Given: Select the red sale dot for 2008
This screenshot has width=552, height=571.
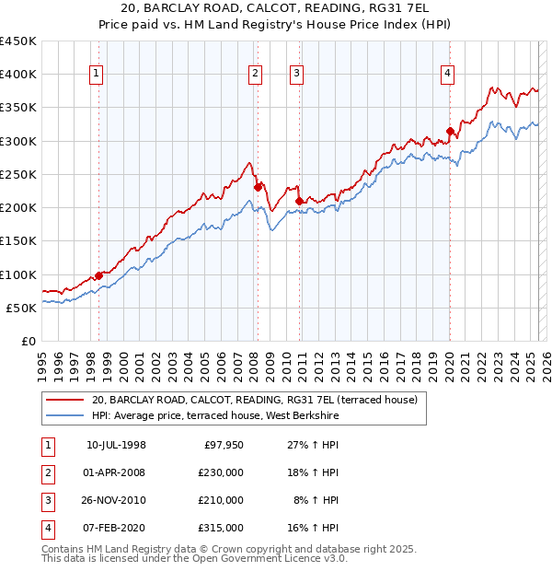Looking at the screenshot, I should click(x=258, y=187).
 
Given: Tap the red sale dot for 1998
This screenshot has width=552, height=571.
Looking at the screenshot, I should click(x=99, y=275).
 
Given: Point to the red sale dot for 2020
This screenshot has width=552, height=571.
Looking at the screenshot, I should click(x=450, y=131).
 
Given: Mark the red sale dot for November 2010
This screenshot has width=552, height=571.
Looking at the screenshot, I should click(x=299, y=201).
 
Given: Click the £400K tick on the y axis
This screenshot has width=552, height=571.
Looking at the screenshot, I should click(x=18, y=74).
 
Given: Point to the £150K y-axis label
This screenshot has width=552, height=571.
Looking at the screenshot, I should click(x=18, y=240).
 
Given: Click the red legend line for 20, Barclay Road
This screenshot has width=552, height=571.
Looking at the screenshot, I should click(x=65, y=400).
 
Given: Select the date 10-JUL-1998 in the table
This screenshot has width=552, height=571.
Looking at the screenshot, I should click(x=116, y=445).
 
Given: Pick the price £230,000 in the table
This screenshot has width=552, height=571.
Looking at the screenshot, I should click(x=222, y=472).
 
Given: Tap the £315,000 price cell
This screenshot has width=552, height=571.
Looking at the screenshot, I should click(x=222, y=528).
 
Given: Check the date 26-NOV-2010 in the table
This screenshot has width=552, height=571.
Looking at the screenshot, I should click(x=116, y=500).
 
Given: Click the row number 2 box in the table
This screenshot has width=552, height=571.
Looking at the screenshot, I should click(x=47, y=472).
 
